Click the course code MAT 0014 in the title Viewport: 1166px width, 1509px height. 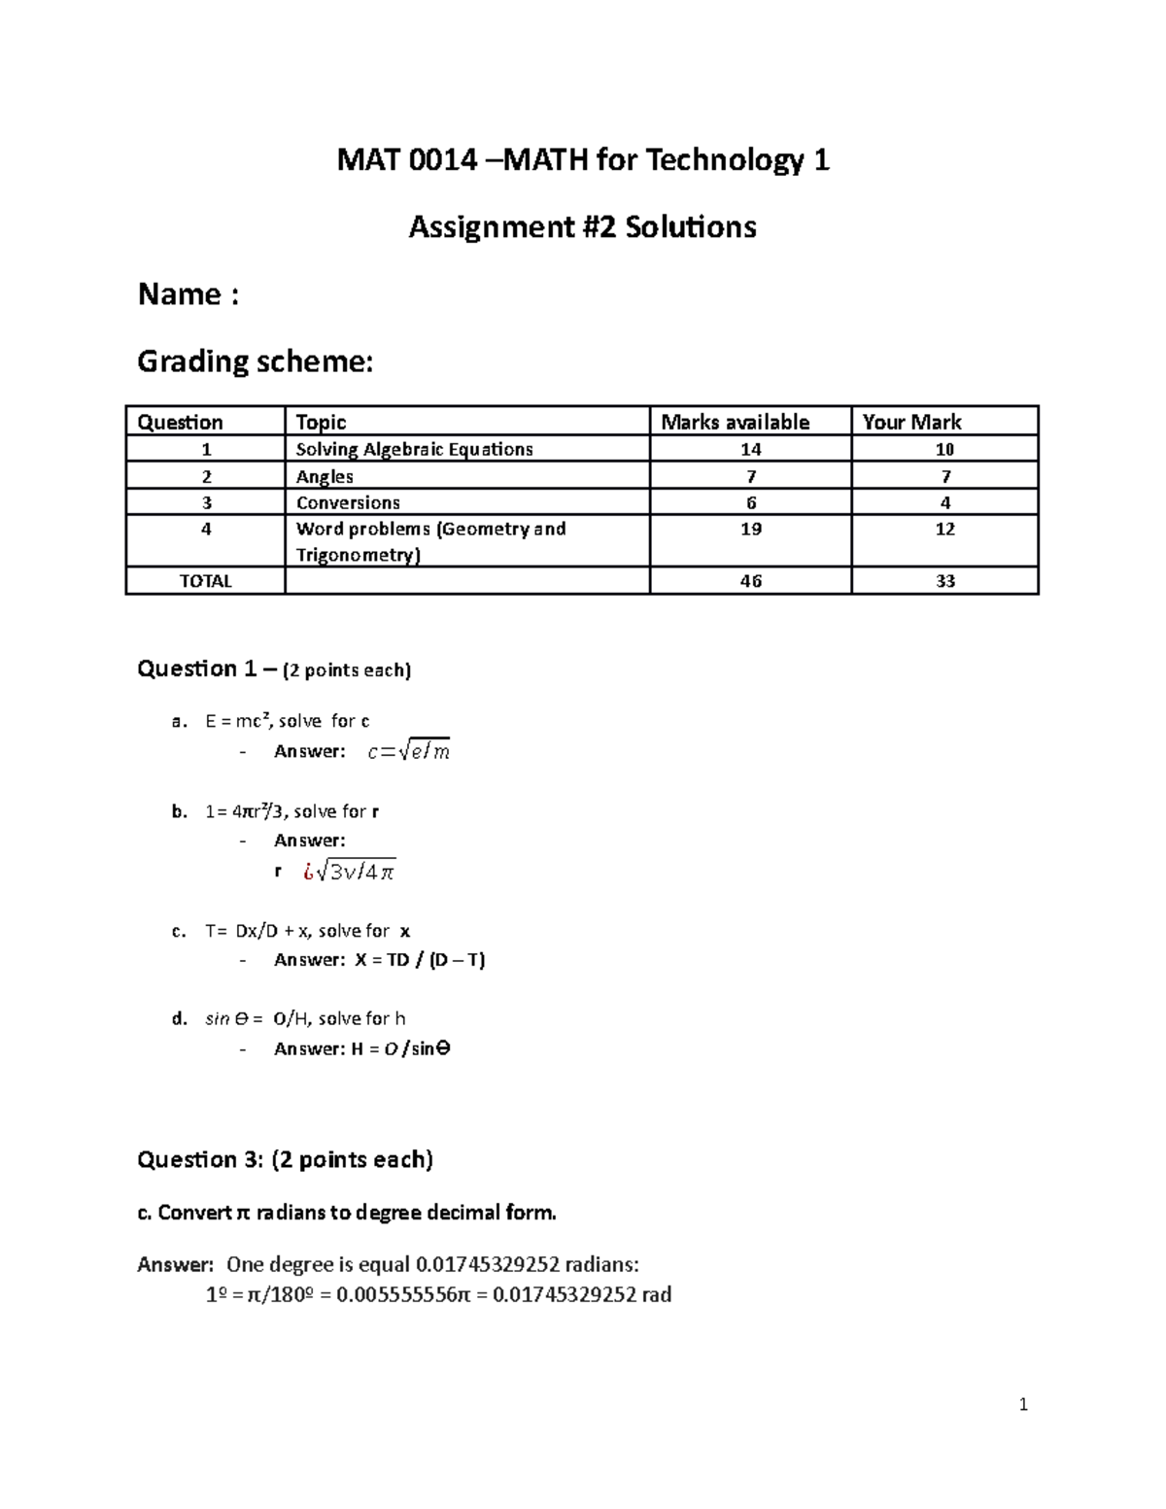tap(407, 160)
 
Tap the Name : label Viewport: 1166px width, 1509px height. tap(188, 294)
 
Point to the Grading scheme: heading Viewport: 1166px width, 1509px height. tap(255, 361)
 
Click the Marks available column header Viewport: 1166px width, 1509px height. tap(735, 422)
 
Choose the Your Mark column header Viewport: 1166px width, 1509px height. tap(911, 422)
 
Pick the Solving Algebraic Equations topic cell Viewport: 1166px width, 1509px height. tap(414, 449)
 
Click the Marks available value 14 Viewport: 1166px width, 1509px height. tap(750, 449)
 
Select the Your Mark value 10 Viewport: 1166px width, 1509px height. tap(944, 449)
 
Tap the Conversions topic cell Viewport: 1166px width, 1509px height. tap(348, 502)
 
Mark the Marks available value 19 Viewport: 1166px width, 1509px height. tap(750, 529)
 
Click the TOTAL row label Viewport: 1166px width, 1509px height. tap(205, 581)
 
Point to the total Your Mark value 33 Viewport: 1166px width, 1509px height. tap(944, 581)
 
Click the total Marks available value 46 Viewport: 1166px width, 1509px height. tap(750, 581)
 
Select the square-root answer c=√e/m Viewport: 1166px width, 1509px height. tap(409, 751)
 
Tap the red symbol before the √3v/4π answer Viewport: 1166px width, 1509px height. tap(309, 872)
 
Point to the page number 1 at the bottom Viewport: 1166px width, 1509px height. tap(1023, 1404)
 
